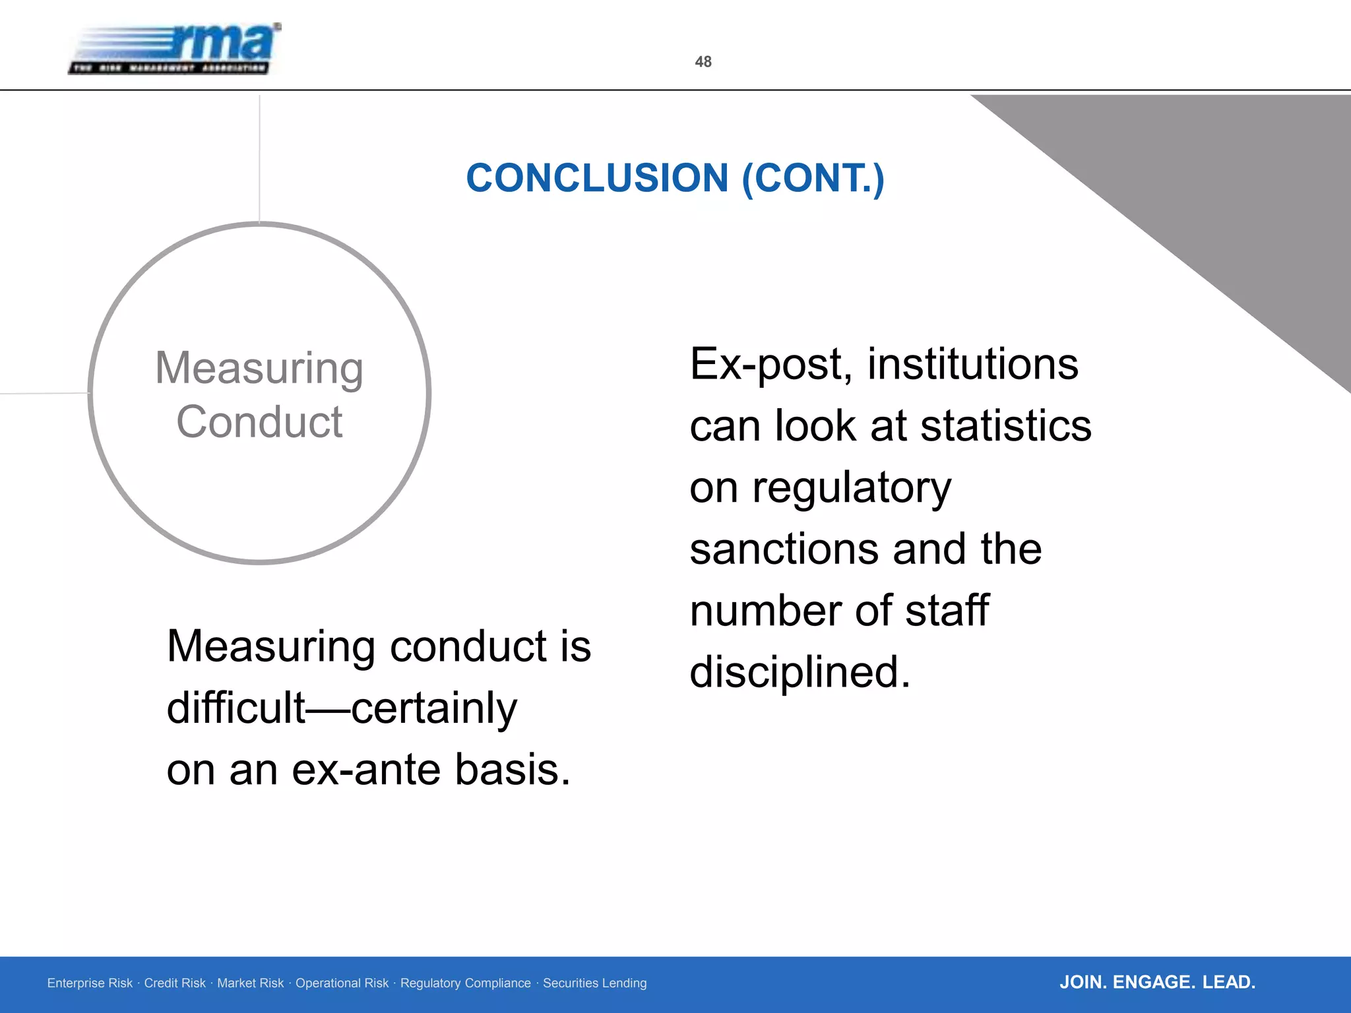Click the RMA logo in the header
(175, 49)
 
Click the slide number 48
(703, 62)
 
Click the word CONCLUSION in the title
(597, 178)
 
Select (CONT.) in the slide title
(813, 178)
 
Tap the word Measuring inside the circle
(259, 368)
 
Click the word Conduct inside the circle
(259, 422)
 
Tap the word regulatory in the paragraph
(852, 488)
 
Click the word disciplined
(800, 672)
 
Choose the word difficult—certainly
(342, 708)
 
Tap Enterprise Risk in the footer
(90, 983)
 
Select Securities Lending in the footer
(594, 983)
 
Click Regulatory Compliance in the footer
(465, 983)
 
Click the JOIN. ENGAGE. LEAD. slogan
(1157, 982)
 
